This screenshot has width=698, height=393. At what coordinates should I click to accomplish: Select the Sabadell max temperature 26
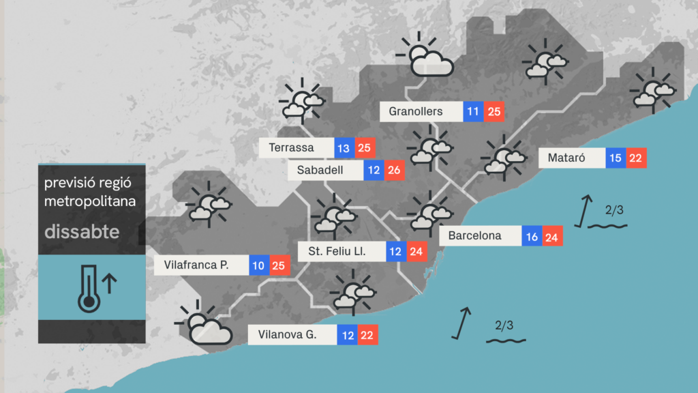394,170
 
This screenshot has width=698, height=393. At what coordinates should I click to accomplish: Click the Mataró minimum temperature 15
616,158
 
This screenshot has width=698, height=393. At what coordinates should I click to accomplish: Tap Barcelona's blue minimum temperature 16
532,236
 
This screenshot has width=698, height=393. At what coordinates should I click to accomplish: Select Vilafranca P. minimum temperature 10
259,265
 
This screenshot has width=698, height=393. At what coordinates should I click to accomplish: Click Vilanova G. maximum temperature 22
368,335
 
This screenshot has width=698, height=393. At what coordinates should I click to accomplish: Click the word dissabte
82,231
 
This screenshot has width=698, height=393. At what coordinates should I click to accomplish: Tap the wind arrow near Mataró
582,209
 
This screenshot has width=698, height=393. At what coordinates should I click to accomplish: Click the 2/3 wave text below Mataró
613,209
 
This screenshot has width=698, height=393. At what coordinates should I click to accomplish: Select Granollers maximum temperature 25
494,111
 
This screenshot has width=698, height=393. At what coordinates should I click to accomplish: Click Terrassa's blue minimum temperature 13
343,147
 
